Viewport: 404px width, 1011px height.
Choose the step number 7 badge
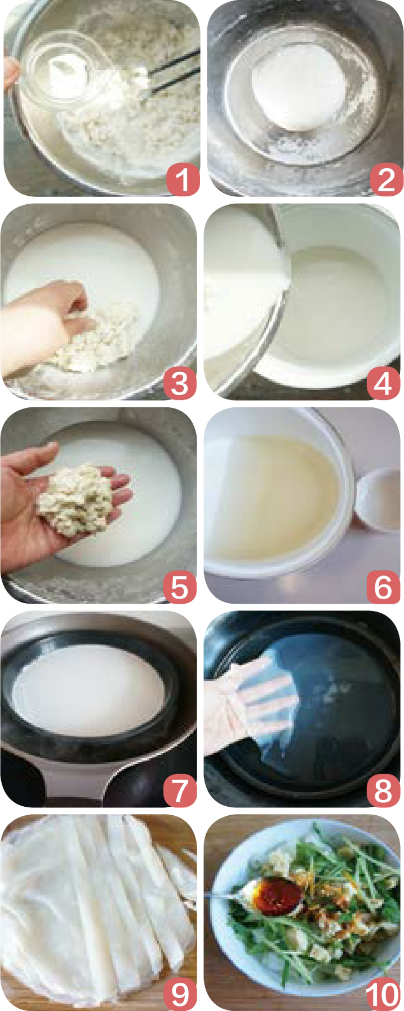click(x=180, y=791)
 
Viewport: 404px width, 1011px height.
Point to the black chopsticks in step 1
click(x=171, y=71)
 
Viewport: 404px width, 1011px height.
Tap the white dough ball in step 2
click(x=298, y=91)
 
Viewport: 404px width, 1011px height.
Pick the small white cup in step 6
click(x=378, y=500)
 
